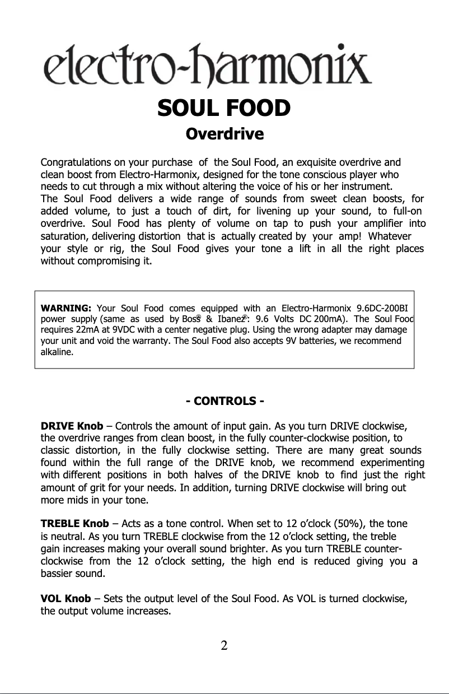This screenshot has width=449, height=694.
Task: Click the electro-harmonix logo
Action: pos(207,66)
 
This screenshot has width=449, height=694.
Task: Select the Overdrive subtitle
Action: pos(224,135)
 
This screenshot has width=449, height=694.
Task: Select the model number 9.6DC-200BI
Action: pos(385,308)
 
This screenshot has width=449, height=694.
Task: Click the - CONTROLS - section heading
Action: pos(225,402)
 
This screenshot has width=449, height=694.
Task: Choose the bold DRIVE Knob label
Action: pos(68,425)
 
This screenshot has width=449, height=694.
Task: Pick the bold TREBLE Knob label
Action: pos(75,524)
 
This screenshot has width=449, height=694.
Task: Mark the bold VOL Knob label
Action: pos(66,599)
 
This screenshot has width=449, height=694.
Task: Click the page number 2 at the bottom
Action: pos(224,645)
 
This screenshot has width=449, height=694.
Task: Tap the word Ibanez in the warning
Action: pos(227,319)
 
